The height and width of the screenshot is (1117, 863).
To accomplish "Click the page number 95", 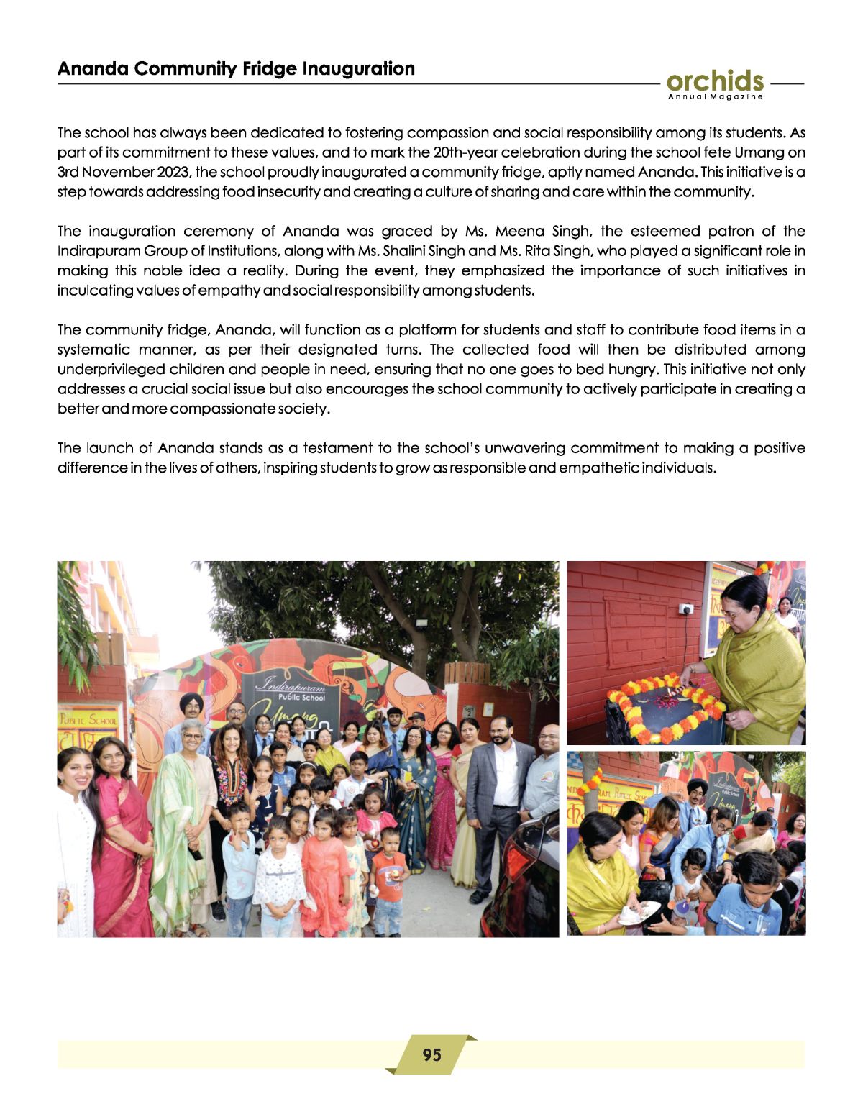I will tap(431, 1054).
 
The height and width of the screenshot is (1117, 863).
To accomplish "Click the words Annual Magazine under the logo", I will tap(715, 97).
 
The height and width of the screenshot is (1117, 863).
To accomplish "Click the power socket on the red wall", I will tap(686, 609).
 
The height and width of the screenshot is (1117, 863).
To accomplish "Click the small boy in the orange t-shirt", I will tap(389, 881).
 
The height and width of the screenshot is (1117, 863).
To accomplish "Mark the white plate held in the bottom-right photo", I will tap(638, 913).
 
